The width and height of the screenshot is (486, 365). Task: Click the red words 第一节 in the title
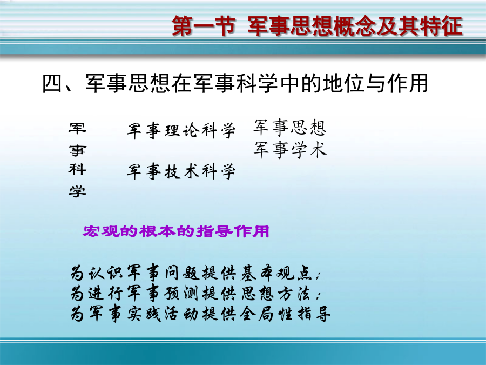pos(204,26)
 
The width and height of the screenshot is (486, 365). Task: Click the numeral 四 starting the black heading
pos(52,83)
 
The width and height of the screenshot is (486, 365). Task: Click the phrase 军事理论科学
pos(181,130)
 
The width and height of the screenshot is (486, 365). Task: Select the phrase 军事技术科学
pos(181,171)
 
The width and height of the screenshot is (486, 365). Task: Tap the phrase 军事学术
pos(290,150)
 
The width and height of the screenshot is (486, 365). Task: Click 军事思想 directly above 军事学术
pos(290,128)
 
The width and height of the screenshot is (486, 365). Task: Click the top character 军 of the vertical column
pos(77,128)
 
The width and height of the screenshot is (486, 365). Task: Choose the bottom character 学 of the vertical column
pos(77,191)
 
